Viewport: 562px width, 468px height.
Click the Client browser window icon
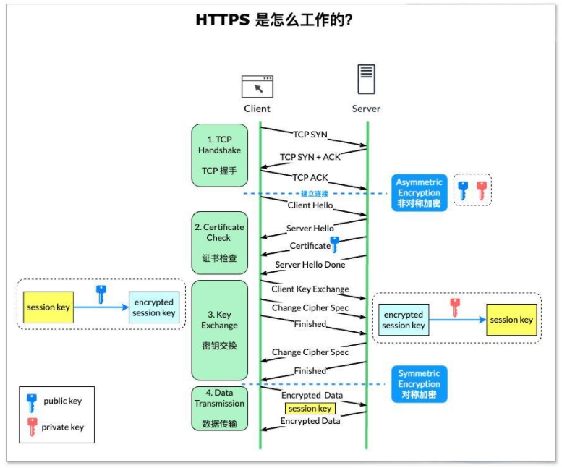[257, 86]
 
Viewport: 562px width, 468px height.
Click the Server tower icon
[366, 80]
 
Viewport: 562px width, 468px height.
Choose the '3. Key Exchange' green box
[219, 330]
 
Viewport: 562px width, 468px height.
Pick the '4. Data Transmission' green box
[219, 409]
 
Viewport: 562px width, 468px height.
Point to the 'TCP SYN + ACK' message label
[310, 156]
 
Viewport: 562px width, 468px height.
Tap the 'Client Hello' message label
[310, 205]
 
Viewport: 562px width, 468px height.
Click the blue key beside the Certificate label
[334, 244]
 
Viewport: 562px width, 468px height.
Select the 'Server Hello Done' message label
[310, 265]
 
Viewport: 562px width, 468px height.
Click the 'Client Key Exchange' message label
[310, 289]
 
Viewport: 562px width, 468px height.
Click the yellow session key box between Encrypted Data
[310, 409]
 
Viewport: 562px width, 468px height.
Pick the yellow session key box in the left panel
[48, 307]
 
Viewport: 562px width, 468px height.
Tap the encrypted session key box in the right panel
[403, 320]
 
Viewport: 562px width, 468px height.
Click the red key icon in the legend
[32, 427]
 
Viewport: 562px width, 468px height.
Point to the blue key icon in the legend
[32, 401]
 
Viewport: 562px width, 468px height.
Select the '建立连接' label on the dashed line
[315, 194]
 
